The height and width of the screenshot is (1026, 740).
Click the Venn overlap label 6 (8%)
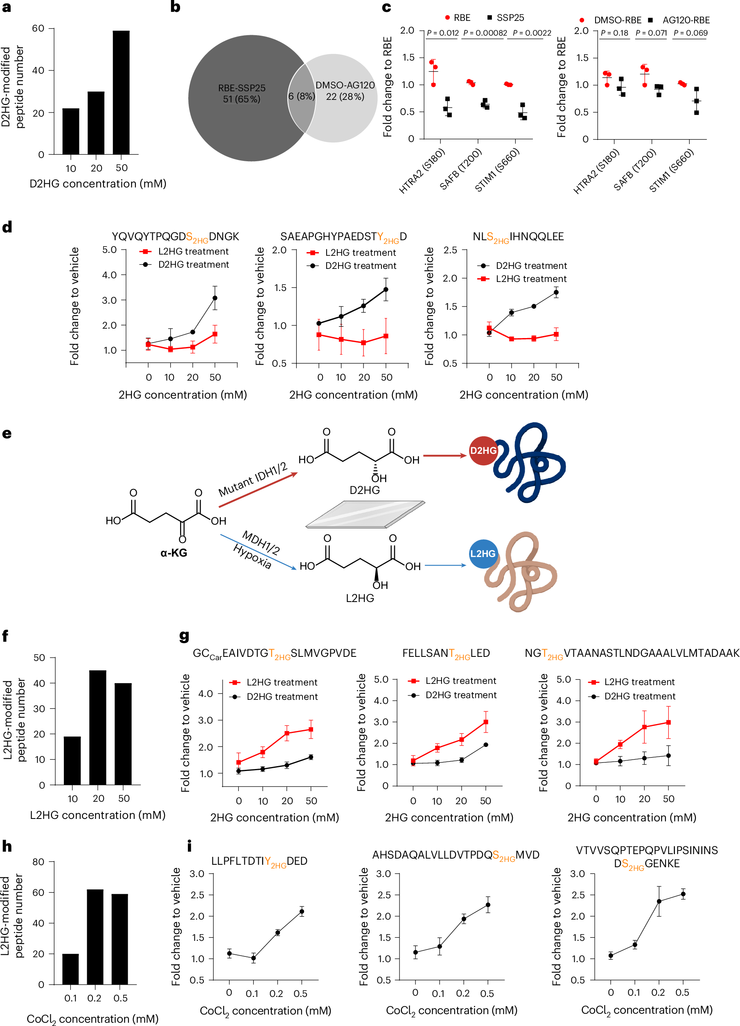click(301, 96)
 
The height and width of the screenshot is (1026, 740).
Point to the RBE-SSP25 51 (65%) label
click(241, 94)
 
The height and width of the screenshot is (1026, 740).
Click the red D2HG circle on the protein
click(483, 451)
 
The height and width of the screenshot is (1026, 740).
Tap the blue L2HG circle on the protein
click(483, 554)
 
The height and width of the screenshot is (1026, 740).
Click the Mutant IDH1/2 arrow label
click(253, 480)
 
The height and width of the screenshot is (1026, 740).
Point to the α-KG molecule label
click(174, 552)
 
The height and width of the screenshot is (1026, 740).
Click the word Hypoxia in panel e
click(252, 556)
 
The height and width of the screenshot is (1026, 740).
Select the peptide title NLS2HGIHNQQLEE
click(518, 237)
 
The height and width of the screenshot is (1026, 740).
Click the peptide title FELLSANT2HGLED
click(446, 653)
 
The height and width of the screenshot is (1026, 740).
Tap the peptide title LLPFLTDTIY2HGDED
click(259, 861)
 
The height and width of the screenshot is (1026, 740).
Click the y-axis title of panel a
click(12, 87)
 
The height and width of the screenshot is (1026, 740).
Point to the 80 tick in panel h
click(38, 861)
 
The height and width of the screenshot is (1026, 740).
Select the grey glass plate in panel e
click(365, 514)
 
